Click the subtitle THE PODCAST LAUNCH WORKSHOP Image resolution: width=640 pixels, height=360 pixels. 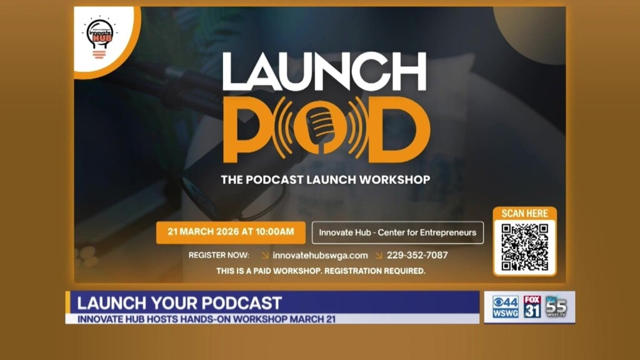click(x=325, y=180)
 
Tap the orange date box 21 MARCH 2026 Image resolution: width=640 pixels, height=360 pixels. click(x=231, y=232)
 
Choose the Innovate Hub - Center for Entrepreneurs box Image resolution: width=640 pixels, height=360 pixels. click(x=397, y=232)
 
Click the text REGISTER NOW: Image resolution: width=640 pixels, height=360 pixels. click(x=219, y=255)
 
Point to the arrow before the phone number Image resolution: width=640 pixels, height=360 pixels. click(x=379, y=255)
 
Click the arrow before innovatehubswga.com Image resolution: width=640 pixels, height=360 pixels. click(x=266, y=255)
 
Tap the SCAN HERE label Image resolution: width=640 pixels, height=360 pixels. click(x=524, y=214)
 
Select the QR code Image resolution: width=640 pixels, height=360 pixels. click(x=524, y=247)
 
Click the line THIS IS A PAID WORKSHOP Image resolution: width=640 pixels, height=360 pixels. click(x=321, y=271)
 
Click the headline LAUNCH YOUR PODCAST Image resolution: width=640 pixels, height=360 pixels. click(x=179, y=303)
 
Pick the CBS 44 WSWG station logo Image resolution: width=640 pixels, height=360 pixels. click(x=505, y=307)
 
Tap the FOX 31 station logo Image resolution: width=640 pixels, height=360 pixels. click(x=532, y=307)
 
